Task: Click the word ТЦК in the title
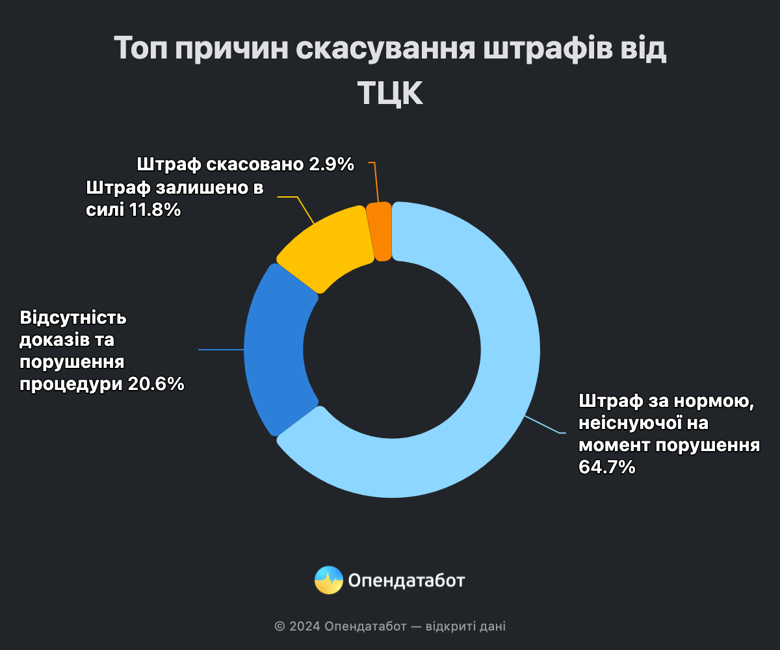[390, 95]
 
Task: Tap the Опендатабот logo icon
[329, 580]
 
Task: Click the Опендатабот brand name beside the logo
[407, 580]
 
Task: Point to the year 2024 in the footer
[304, 627]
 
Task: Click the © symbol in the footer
[279, 627]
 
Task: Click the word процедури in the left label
[70, 384]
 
